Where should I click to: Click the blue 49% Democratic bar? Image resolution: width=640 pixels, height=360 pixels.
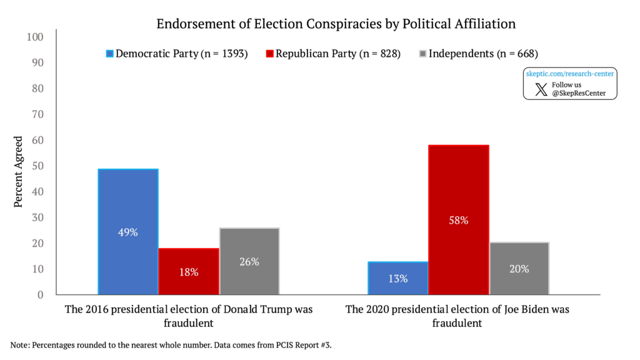coord(128,231)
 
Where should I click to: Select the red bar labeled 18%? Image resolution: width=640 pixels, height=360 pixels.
coord(189,271)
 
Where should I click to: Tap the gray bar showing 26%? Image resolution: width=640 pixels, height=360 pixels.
coord(249,261)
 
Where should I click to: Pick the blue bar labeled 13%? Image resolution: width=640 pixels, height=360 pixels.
coord(397,278)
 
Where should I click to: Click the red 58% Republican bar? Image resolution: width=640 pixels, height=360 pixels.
coord(458,219)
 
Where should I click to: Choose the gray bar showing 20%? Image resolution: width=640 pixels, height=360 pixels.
coord(519,268)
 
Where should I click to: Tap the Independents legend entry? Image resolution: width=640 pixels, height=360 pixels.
coord(478,54)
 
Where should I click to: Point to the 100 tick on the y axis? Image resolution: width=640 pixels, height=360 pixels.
coord(35,37)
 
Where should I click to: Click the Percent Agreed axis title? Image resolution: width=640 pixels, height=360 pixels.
coord(19,172)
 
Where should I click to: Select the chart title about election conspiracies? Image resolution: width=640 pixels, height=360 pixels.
coord(336,24)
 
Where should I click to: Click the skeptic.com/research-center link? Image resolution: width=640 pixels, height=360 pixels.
coord(569,74)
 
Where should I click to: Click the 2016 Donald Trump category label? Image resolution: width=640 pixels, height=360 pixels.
coord(189,316)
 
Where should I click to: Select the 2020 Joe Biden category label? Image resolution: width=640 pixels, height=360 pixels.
coord(457,316)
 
